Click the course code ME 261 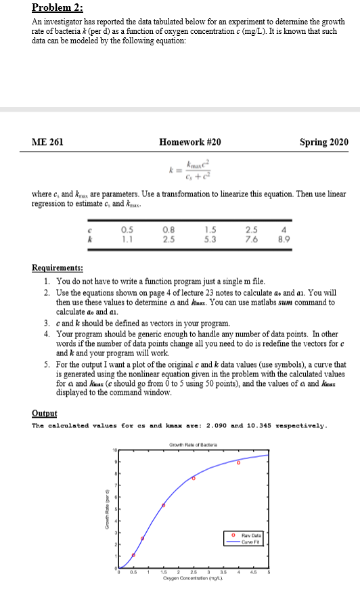point(47,141)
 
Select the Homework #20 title point(189,141)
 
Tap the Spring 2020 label point(324,141)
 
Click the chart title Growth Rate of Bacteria point(194,443)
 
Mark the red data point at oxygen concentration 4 point(238,463)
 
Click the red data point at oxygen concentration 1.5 point(163,505)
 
